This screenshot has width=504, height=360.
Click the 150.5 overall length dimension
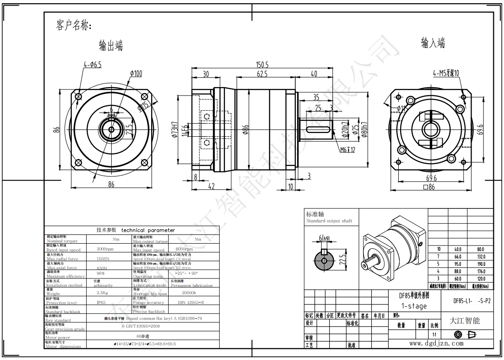(262, 65)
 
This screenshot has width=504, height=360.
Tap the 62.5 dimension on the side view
(262, 74)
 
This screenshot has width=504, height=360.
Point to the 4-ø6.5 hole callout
(92, 65)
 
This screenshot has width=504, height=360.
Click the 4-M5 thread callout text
(446, 73)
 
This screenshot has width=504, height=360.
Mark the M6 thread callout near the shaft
(347, 150)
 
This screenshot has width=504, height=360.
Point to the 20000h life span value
(189, 293)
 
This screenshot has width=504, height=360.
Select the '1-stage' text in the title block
(414, 306)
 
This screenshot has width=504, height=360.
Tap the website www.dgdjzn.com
(436, 343)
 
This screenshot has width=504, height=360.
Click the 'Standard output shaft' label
(329, 221)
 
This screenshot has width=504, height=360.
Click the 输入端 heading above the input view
(433, 43)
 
